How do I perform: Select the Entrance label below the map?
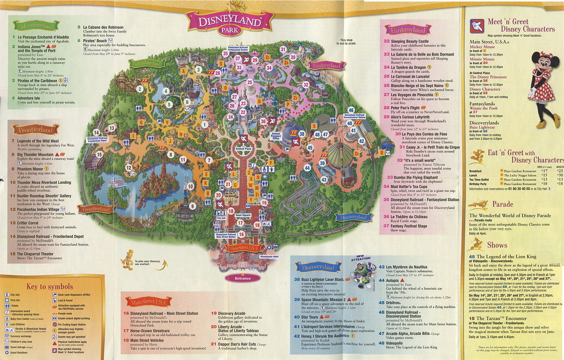point(242,279)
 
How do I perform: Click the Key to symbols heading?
point(50,287)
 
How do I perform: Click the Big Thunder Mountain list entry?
point(45,155)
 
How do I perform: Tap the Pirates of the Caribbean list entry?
point(45,80)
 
